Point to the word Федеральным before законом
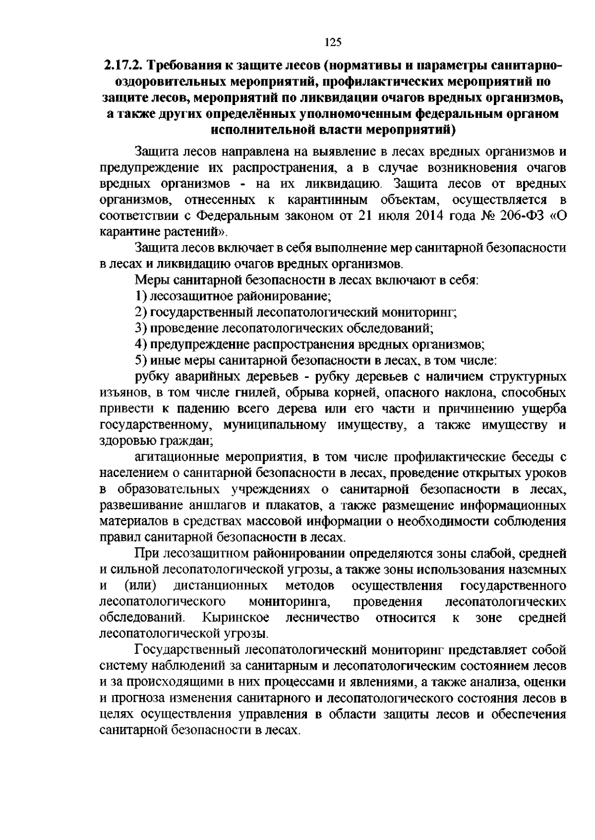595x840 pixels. pos(240,216)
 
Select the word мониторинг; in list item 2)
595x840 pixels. pos(419,313)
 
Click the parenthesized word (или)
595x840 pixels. pos(140,586)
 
